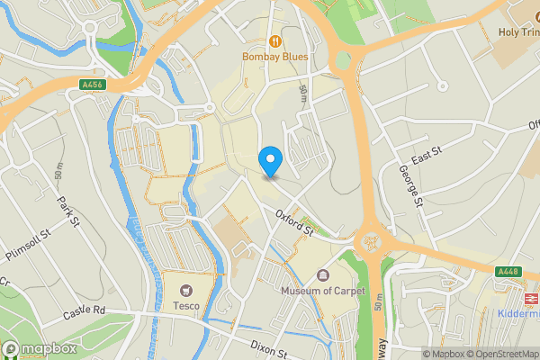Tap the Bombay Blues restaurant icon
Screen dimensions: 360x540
[x=274, y=40]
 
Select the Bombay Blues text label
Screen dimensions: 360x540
[x=274, y=57]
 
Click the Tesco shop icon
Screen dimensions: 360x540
[x=186, y=290]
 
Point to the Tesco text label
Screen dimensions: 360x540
[x=186, y=305]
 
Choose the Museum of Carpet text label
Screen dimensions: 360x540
[x=323, y=291]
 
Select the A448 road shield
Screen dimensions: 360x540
[x=508, y=271]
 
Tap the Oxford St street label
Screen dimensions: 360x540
[x=294, y=222]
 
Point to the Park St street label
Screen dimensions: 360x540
[x=68, y=211]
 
